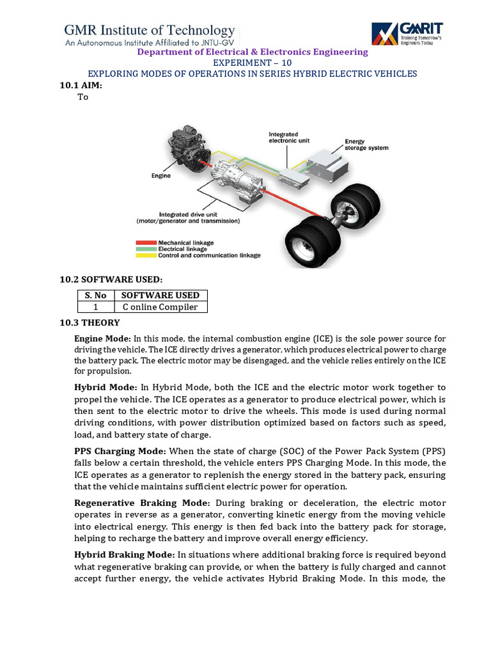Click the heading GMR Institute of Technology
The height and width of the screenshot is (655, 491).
click(150, 30)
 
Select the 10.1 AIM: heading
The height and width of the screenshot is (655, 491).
click(81, 85)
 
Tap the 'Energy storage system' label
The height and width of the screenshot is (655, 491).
click(366, 145)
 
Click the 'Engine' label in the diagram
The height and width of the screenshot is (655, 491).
click(161, 175)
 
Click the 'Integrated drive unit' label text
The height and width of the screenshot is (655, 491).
click(188, 214)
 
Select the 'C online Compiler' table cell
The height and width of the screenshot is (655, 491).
click(160, 307)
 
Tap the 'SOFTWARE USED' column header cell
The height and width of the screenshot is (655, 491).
click(160, 295)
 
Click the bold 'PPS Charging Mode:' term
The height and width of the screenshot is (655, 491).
click(120, 450)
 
